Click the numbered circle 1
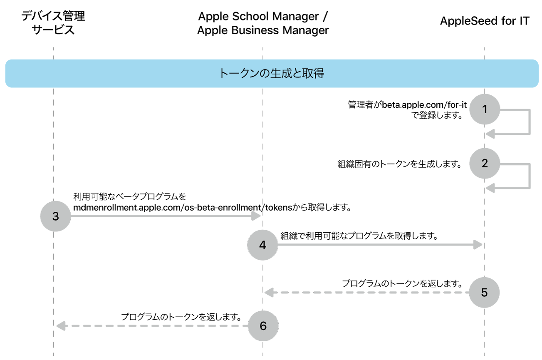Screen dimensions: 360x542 [x=484, y=109]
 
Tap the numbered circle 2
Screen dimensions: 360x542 [x=484, y=163]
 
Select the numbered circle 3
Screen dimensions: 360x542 [x=55, y=216]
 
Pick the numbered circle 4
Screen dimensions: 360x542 [x=262, y=245]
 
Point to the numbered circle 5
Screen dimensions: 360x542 [x=484, y=292]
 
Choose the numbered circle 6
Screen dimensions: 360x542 [x=263, y=326]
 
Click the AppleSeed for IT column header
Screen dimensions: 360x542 [x=485, y=21]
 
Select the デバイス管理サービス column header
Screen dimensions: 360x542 [x=53, y=23]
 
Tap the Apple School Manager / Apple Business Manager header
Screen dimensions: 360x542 [x=263, y=23]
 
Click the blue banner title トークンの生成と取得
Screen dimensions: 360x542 [x=271, y=74]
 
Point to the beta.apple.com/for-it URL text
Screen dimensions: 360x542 [x=424, y=105]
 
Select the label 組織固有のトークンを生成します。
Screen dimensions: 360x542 [x=400, y=164]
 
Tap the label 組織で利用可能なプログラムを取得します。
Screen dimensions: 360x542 [x=360, y=236]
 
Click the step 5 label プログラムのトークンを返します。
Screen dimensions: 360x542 [x=402, y=284]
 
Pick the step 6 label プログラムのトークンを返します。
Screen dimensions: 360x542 [x=181, y=317]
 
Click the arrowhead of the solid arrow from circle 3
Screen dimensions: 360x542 [x=255, y=216]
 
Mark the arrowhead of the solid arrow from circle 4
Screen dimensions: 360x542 [x=477, y=245]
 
